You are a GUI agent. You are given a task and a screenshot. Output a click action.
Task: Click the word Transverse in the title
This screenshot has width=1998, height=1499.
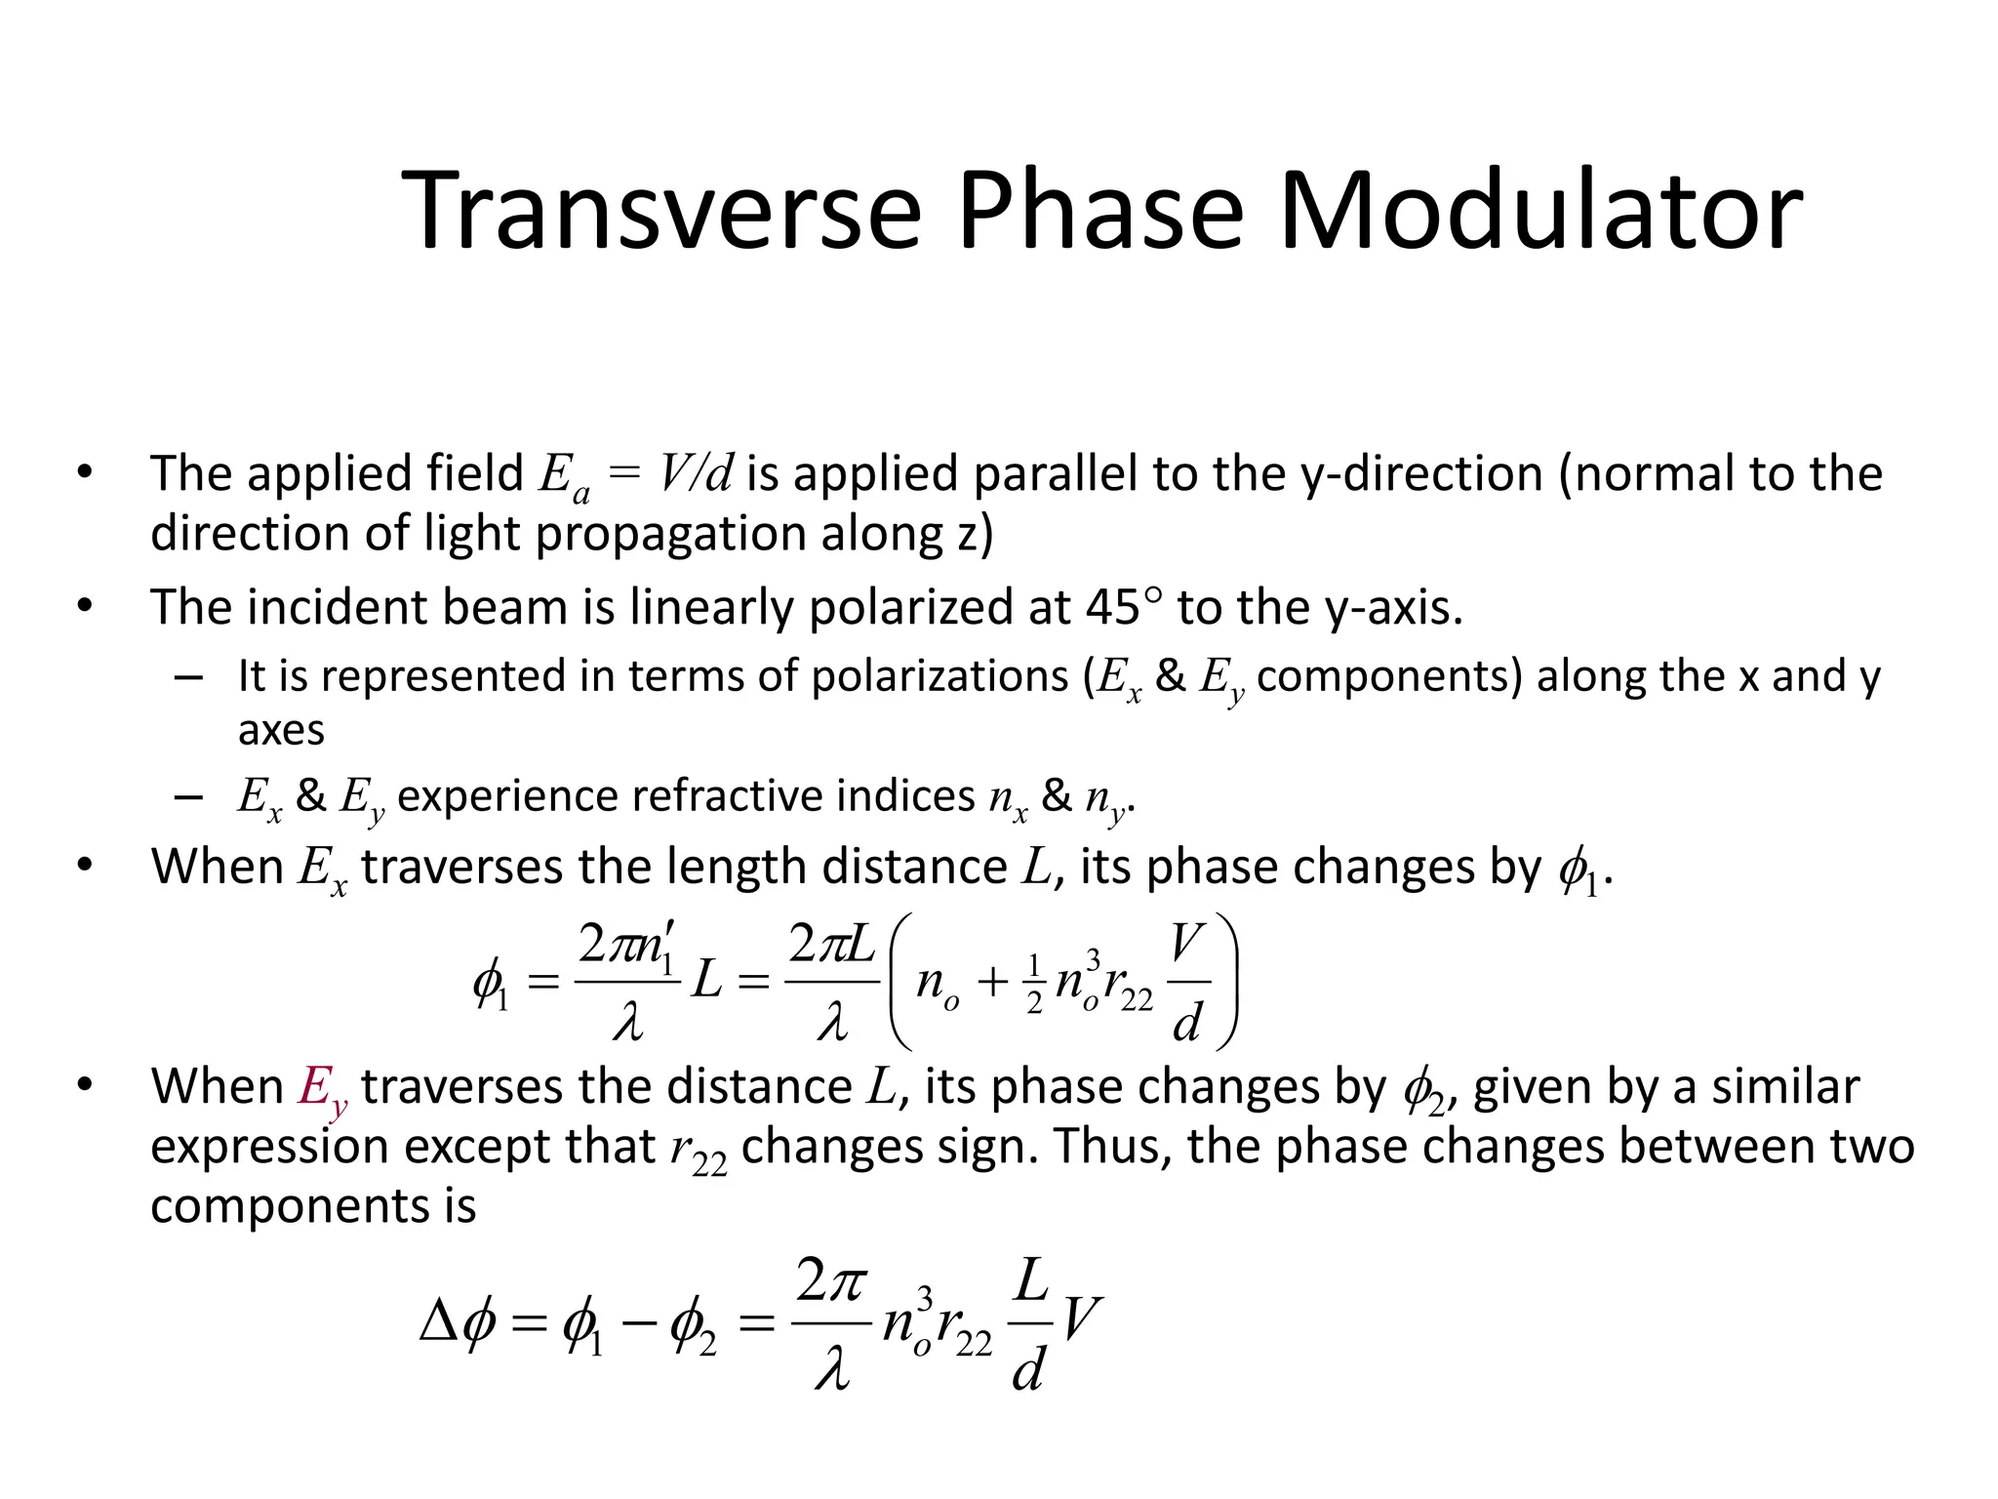(x=661, y=211)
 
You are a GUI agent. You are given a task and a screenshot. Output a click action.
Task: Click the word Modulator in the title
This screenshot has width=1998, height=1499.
(x=1540, y=211)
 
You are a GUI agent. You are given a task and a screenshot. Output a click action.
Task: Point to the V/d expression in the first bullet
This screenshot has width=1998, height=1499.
(x=695, y=474)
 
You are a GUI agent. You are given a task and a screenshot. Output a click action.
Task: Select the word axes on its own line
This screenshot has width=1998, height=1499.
(x=281, y=730)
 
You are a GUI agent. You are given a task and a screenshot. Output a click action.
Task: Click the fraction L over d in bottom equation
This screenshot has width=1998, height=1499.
(x=1030, y=1324)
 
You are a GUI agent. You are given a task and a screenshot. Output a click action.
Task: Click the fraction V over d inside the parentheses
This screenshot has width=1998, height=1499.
(x=1187, y=982)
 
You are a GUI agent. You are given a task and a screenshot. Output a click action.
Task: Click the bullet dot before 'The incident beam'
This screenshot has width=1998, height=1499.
(x=86, y=606)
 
